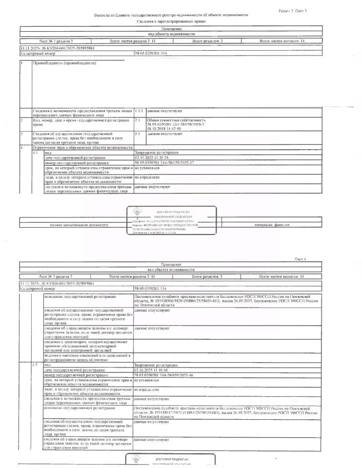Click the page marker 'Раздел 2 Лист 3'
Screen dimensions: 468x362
292,10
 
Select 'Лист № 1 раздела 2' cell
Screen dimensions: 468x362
56,41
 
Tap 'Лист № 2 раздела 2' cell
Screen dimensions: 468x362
56,276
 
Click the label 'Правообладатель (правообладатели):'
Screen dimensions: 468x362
64,64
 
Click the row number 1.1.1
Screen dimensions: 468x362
139,112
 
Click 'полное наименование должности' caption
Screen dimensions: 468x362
72,225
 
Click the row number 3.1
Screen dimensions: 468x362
138,134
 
